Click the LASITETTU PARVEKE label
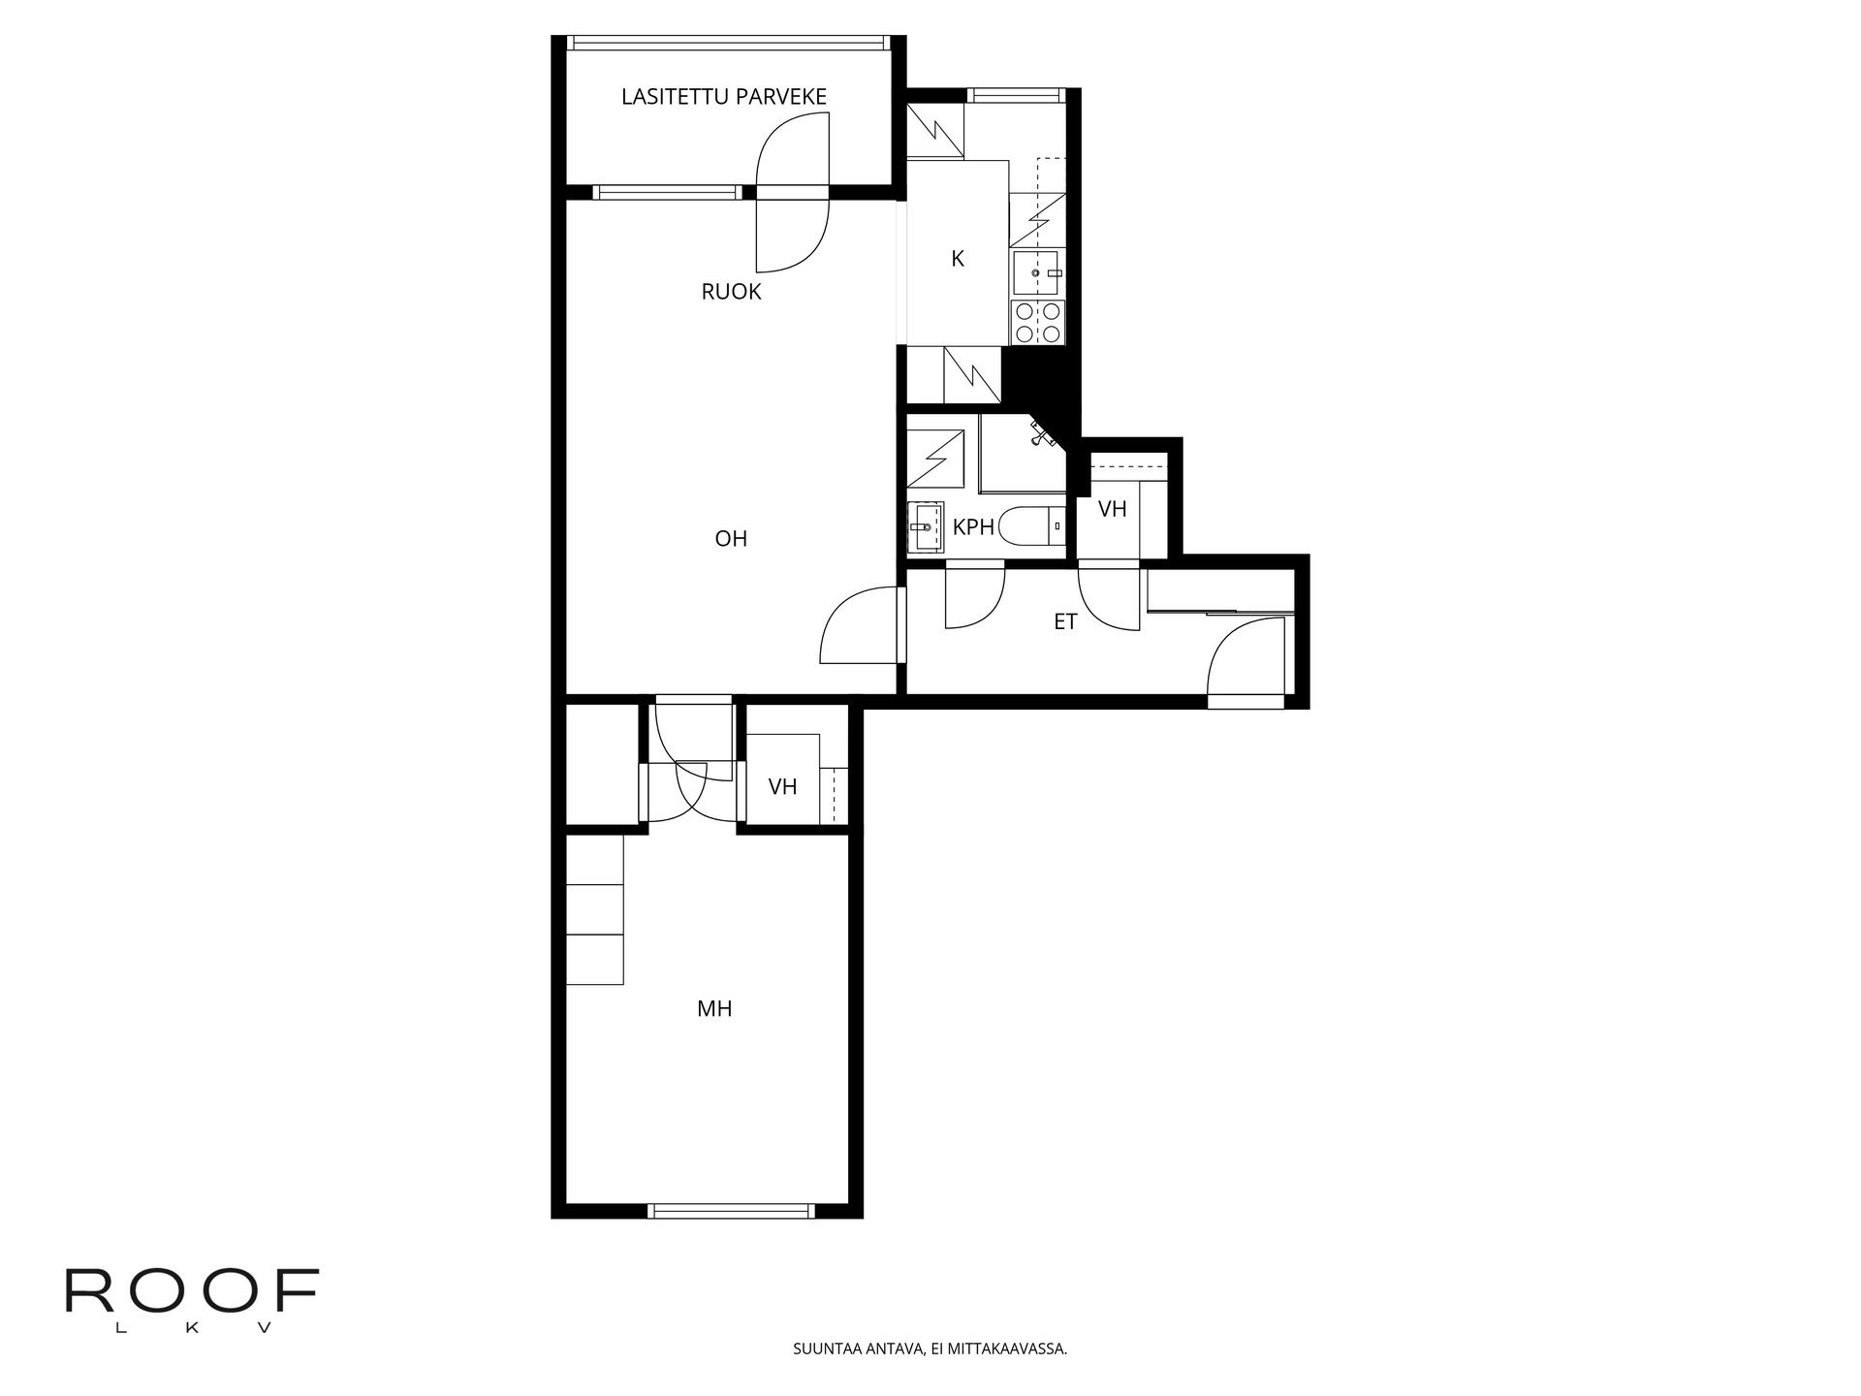coord(723,97)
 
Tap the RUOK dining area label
coord(731,292)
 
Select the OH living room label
coord(731,538)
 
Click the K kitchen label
coord(958,259)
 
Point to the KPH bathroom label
coord(973,527)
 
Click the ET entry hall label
coord(1065,622)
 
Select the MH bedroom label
coord(714,1009)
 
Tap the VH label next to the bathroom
coord(1112,509)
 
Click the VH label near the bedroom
coord(782,787)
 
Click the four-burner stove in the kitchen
coord(1037,323)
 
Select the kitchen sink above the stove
coord(1037,273)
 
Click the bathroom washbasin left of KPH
coord(926,528)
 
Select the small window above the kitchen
coord(1014,95)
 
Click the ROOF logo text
coord(191,1292)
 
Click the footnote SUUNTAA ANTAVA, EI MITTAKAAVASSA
coord(930,1348)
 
